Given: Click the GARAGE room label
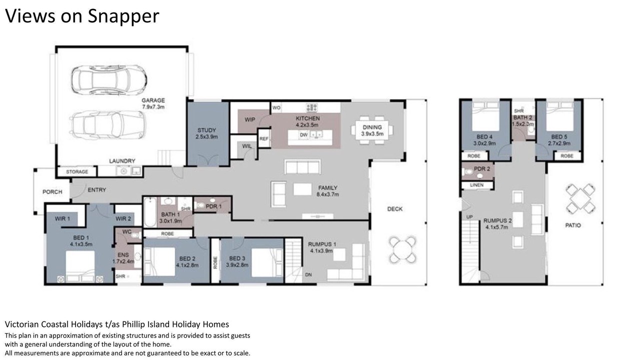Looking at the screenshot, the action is [x=153, y=100].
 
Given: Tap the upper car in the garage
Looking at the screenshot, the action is [x=109, y=80].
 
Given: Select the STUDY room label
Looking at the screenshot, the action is [x=206, y=130].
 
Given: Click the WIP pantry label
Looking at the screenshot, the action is [x=249, y=119].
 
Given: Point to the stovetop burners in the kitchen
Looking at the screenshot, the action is [x=311, y=107].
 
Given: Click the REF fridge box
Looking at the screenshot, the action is [x=264, y=138].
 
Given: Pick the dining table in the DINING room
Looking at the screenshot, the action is [x=372, y=130].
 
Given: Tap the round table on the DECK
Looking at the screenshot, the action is [x=402, y=249].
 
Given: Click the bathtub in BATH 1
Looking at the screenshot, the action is [x=150, y=212].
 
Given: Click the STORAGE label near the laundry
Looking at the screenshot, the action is [x=77, y=171].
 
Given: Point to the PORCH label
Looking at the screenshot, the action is [x=52, y=191].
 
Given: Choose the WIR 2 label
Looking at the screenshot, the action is [x=123, y=219].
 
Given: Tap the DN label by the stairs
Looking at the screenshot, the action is [x=308, y=275].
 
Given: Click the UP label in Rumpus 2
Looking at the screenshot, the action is [x=469, y=217].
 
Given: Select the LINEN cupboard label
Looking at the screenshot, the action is [x=476, y=185].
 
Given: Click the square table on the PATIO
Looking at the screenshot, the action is [x=580, y=198].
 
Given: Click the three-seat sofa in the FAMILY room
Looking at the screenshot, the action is [x=302, y=167].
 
